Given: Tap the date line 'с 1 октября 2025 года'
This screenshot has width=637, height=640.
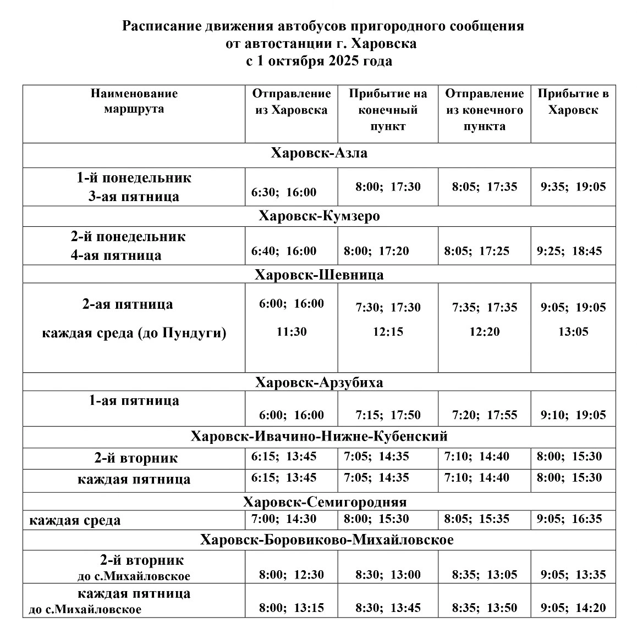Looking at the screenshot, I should pyautogui.click(x=318, y=61).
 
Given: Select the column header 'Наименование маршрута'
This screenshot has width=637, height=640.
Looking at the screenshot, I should pyautogui.click(x=134, y=101).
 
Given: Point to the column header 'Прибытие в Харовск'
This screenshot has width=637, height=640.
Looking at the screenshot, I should pyautogui.click(x=573, y=102).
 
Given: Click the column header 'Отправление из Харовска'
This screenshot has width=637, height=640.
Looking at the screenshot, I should pyautogui.click(x=292, y=102).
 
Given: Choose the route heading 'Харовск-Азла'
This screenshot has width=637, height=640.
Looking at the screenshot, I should pyautogui.click(x=319, y=153).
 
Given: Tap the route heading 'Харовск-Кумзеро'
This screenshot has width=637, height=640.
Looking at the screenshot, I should pyautogui.click(x=319, y=216).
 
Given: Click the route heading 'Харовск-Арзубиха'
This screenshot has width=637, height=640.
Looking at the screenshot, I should pyautogui.click(x=319, y=382).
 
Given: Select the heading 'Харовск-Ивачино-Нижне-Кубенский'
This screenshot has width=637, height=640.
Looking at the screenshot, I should pyautogui.click(x=319, y=437).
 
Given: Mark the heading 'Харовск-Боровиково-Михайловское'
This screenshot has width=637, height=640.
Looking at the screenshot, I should pyautogui.click(x=327, y=540).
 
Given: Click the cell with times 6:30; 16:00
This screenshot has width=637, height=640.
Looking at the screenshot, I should pyautogui.click(x=284, y=192).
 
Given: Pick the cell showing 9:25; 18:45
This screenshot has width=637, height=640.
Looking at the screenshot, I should pyautogui.click(x=569, y=252).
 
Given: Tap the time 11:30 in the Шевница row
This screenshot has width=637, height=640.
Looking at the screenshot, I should pyautogui.click(x=292, y=332).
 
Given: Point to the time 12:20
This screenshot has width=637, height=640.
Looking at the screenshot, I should pyautogui.click(x=485, y=332).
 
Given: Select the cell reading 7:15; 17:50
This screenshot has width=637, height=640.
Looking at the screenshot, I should pyautogui.click(x=388, y=415).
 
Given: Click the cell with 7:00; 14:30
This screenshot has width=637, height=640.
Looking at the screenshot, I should pyautogui.click(x=284, y=519).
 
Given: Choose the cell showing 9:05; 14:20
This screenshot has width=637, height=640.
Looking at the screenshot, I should pyautogui.click(x=573, y=608).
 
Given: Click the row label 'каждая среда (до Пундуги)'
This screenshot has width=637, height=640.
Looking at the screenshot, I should pyautogui.click(x=134, y=333).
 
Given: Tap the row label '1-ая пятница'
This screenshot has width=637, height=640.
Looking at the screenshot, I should pyautogui.click(x=134, y=400).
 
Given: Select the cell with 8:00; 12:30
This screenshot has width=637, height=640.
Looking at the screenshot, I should pyautogui.click(x=292, y=575).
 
